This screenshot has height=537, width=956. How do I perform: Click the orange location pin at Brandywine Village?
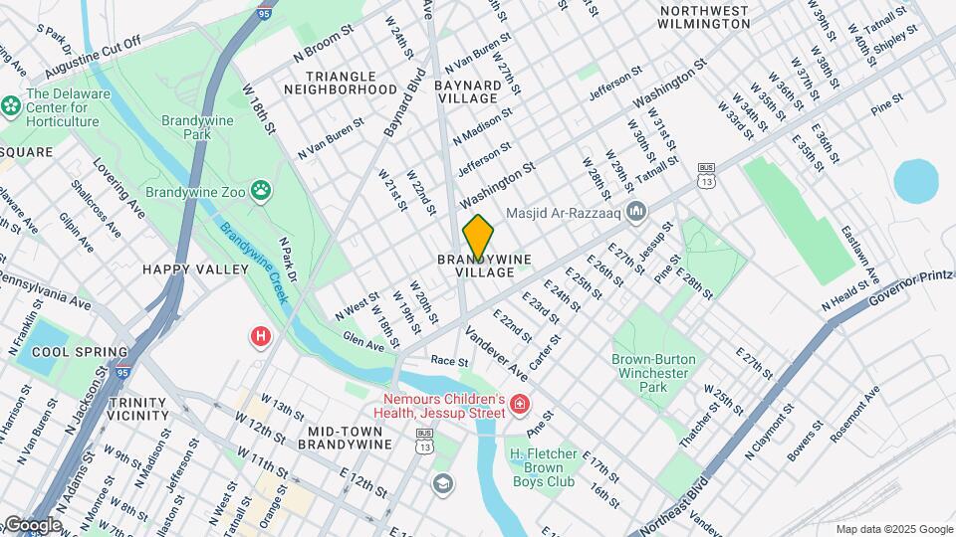(478, 237)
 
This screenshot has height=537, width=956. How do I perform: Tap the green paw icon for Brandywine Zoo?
(261, 189)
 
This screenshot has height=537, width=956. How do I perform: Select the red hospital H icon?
(261, 337)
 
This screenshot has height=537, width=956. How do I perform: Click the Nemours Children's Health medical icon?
(519, 404)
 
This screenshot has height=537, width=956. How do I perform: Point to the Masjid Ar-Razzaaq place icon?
(637, 211)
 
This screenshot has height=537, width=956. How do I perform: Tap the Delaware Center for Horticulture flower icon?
(12, 104)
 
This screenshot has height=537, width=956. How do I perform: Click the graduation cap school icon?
(443, 483)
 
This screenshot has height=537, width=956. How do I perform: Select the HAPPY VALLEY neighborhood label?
(195, 269)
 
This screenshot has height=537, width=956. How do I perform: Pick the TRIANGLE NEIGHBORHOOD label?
(341, 83)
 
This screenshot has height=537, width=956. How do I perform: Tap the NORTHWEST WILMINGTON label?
(704, 17)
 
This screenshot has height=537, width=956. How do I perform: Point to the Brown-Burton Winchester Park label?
(653, 372)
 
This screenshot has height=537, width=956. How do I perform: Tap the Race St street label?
(449, 361)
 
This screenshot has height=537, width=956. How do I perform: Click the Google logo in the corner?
(33, 525)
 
